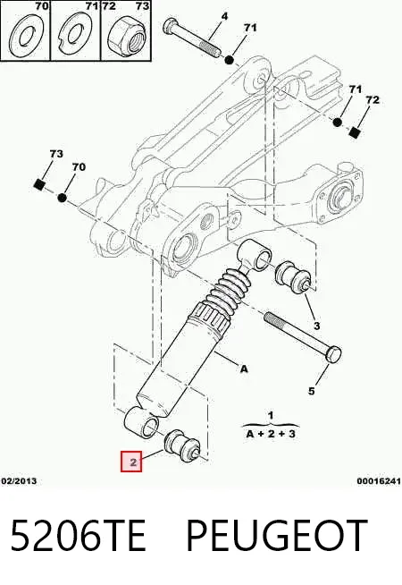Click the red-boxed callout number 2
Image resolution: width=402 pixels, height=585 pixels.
pos(131,462)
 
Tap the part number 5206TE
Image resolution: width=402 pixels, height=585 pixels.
pos(79,536)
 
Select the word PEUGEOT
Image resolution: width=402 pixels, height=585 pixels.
pos(276,536)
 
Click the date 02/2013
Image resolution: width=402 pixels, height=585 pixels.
pos(19,481)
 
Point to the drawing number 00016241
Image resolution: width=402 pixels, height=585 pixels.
pos(379,481)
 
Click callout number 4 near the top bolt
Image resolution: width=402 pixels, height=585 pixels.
pos(224,16)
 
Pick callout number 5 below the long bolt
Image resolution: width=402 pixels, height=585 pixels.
pos(312,391)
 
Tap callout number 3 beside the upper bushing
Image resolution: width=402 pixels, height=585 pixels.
pos(316,326)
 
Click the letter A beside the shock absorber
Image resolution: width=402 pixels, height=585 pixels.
pos(244,369)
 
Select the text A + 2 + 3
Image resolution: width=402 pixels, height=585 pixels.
pos(271,434)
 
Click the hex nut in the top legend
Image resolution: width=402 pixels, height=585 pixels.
pos(127,36)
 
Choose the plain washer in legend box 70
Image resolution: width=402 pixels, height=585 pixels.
pos(26,36)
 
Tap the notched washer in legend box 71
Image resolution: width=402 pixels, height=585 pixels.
pos(77,36)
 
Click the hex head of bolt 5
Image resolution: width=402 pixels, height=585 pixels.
pos(332,353)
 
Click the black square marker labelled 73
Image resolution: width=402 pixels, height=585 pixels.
pos(39,184)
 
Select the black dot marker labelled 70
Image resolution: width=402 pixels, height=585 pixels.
pos(63,198)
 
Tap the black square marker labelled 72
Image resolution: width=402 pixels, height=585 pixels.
pos(355,132)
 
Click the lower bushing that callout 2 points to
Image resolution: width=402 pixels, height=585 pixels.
pos(181,445)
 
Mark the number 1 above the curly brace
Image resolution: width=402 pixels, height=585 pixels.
pos(271,415)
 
